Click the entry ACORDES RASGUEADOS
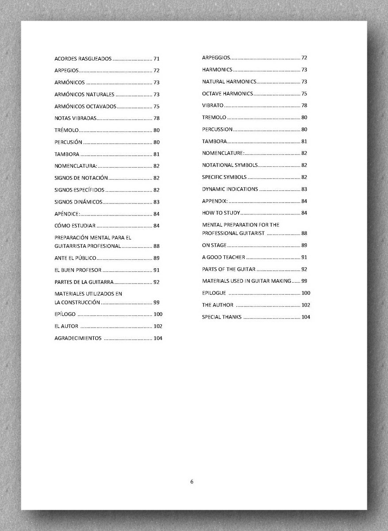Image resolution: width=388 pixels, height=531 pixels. (x=83, y=58)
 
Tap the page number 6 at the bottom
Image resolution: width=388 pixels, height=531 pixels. (x=192, y=482)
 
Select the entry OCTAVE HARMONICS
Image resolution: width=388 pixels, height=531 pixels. (x=227, y=93)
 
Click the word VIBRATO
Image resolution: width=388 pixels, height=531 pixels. (x=213, y=105)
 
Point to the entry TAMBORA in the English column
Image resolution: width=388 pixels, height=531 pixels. (x=215, y=141)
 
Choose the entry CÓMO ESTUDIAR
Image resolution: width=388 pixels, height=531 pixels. (x=75, y=226)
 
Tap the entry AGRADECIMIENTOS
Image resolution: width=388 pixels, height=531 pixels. (x=78, y=338)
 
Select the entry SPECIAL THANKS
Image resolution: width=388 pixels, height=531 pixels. (x=222, y=317)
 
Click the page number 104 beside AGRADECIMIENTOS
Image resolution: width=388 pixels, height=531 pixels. (x=158, y=338)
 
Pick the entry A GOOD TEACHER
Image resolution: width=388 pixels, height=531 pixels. (x=223, y=257)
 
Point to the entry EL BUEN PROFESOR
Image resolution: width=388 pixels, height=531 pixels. (x=78, y=270)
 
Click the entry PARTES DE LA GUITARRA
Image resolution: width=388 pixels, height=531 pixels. (x=84, y=282)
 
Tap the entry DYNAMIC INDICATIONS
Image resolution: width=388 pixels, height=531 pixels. (x=230, y=189)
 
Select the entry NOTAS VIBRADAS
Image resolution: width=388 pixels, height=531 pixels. (x=75, y=118)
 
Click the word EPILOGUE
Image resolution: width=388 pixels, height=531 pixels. (x=214, y=293)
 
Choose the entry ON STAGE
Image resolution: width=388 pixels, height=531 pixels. (x=214, y=245)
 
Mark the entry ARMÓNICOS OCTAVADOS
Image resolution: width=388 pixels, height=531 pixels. (x=85, y=106)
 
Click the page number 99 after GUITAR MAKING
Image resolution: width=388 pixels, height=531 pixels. (x=304, y=281)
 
